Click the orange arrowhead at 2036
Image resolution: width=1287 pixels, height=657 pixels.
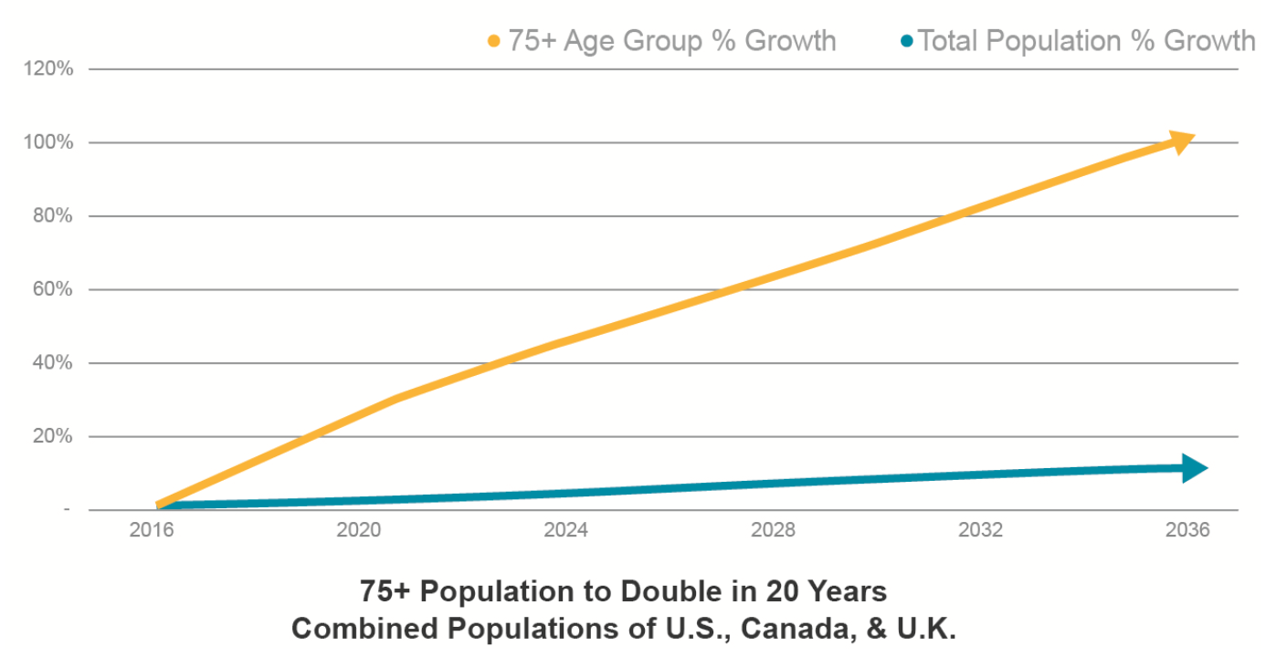tap(1182, 141)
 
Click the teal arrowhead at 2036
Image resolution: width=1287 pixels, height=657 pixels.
tap(1195, 468)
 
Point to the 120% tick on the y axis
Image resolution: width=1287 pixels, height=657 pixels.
tap(53, 69)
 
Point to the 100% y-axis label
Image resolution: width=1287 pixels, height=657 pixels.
tap(53, 142)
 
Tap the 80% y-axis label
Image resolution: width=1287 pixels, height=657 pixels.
tap(56, 216)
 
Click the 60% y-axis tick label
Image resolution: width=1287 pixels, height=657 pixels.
tap(56, 289)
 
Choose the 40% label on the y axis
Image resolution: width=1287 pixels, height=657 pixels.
tap(56, 363)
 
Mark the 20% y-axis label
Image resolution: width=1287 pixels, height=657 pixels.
tap(56, 436)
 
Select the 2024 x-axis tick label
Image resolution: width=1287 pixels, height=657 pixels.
tap(565, 531)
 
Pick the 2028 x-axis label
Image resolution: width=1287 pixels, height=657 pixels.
tap(773, 531)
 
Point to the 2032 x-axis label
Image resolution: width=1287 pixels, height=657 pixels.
tap(980, 531)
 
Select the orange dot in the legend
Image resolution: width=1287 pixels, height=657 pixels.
tap(494, 42)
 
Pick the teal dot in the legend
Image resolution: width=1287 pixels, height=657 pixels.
tap(907, 42)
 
